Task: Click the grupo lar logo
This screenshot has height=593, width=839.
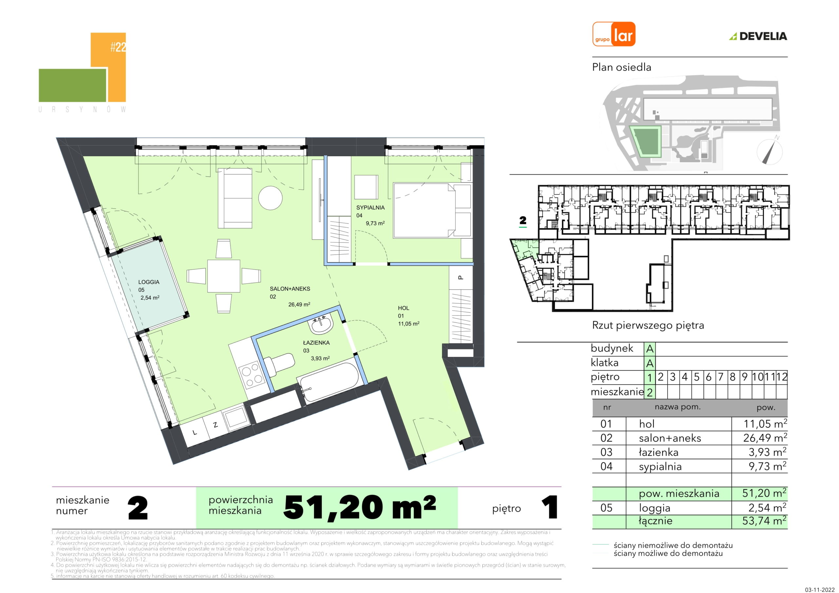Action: tap(614, 34)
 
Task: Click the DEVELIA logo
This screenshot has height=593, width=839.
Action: tap(758, 36)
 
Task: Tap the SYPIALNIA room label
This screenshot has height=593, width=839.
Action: tap(371, 207)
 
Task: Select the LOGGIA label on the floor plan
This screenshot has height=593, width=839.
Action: tap(149, 282)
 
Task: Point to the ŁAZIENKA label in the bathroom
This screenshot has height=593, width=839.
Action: tap(317, 343)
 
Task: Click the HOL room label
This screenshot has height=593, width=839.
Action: tap(403, 308)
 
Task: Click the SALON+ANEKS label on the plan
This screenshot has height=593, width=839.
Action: tap(290, 289)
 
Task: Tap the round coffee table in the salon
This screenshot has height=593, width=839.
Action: tap(270, 198)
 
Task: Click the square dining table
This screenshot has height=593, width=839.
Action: tap(224, 276)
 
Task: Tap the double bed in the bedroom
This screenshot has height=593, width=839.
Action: tap(432, 210)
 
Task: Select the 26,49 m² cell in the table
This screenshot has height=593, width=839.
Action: tap(765, 438)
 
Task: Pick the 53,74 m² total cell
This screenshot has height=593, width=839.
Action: tap(765, 521)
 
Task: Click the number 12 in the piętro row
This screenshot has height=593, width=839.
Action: tap(782, 377)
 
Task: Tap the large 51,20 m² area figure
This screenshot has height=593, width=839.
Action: tap(360, 507)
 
